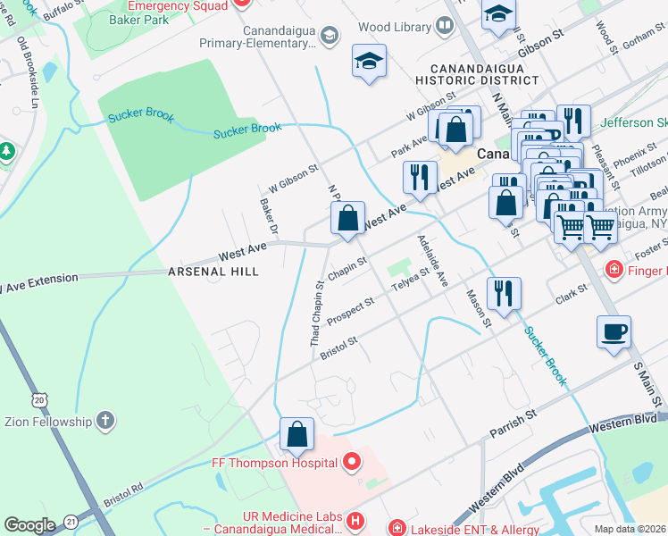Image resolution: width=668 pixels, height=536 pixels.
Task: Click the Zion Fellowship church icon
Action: pyautogui.click(x=105, y=421)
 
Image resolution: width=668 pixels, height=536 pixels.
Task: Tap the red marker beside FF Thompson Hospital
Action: pyautogui.click(x=352, y=462)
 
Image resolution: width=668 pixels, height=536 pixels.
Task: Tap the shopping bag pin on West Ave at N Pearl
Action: pyautogui.click(x=347, y=217)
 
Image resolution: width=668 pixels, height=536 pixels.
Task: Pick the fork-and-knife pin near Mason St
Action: pyautogui.click(x=504, y=292)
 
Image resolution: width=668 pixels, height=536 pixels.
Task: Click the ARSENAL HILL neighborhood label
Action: pyautogui.click(x=213, y=272)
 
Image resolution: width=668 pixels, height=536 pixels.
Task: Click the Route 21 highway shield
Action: pyautogui.click(x=72, y=521)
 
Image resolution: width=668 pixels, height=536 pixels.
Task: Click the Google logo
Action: pyautogui.click(x=29, y=525)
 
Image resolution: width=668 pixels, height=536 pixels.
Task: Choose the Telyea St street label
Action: pyautogui.click(x=413, y=285)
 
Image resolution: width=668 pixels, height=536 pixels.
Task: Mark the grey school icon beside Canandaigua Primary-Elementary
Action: pyautogui.click(x=328, y=36)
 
